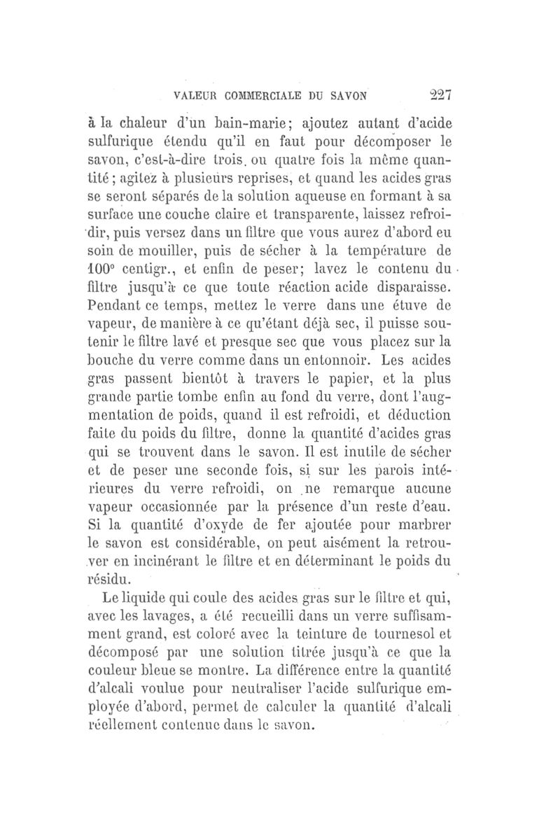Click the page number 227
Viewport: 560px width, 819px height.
(439, 96)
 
